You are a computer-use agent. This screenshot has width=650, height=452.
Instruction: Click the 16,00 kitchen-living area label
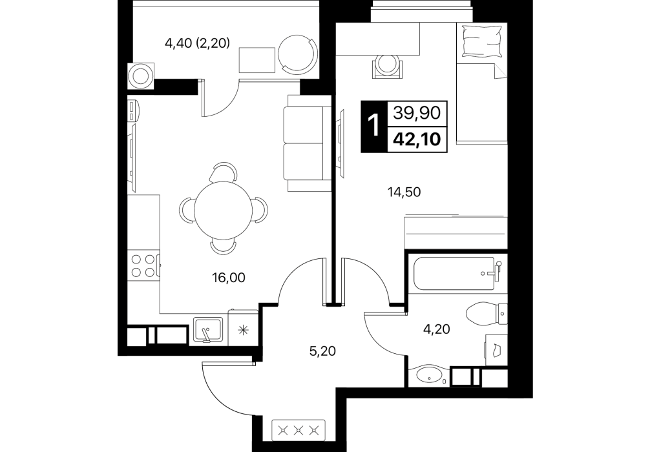point(229,278)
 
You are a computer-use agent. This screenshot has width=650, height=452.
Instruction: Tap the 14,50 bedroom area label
point(404,192)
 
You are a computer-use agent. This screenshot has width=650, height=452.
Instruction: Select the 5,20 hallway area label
point(322,351)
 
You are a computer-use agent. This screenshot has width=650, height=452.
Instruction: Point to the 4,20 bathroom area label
point(436,329)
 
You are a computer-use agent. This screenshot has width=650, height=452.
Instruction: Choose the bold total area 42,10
point(417,139)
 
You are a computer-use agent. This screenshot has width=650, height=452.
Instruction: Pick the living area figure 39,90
point(417,113)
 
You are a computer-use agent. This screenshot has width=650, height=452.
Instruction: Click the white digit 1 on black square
point(374,127)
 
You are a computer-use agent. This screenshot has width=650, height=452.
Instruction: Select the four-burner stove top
point(143,265)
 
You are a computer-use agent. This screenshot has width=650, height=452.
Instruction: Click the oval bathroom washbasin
point(428,375)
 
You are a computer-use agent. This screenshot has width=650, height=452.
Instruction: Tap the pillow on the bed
point(482,41)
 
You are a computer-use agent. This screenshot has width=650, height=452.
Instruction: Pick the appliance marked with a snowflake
point(244,330)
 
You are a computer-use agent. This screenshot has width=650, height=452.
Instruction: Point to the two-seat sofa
point(307,143)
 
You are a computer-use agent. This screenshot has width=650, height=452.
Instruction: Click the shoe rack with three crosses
point(299,431)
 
